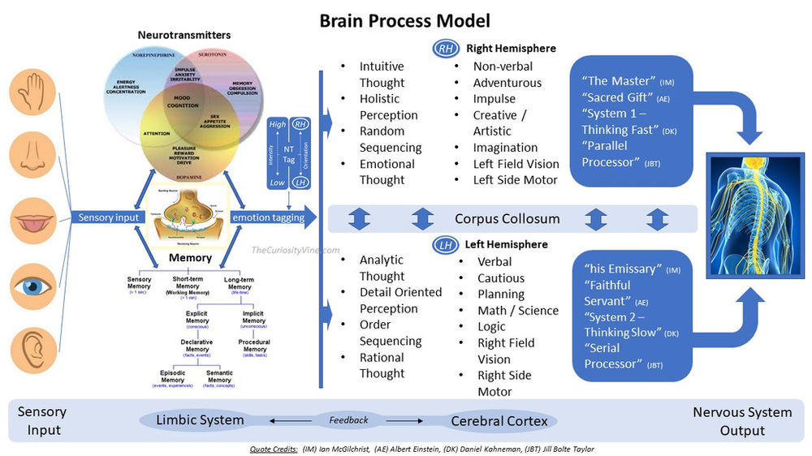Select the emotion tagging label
tap(268, 217)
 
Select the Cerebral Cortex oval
tap(499, 421)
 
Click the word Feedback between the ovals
tap(348, 420)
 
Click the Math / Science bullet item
tap(518, 310)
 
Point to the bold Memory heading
tap(191, 258)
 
